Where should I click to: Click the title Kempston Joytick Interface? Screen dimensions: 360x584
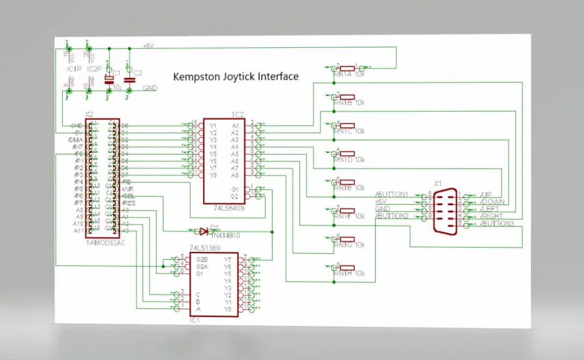pos(236,76)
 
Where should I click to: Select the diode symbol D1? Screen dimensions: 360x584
pos(204,231)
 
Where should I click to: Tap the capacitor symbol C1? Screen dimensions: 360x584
pos(109,80)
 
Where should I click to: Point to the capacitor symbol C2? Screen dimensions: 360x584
pos(129,80)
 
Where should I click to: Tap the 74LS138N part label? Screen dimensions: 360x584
pos(205,249)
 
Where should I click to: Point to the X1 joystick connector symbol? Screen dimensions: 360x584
pos(445,211)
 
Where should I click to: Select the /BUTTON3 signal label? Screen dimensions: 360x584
pos(497,223)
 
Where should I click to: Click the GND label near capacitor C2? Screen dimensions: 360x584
pos(149,88)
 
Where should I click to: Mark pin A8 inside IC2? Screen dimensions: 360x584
pos(234,175)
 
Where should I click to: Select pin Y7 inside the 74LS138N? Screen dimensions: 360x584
pos(227,260)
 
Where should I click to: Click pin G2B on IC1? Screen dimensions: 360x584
pos(201,260)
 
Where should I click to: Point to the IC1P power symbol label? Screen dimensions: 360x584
pos(73,69)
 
